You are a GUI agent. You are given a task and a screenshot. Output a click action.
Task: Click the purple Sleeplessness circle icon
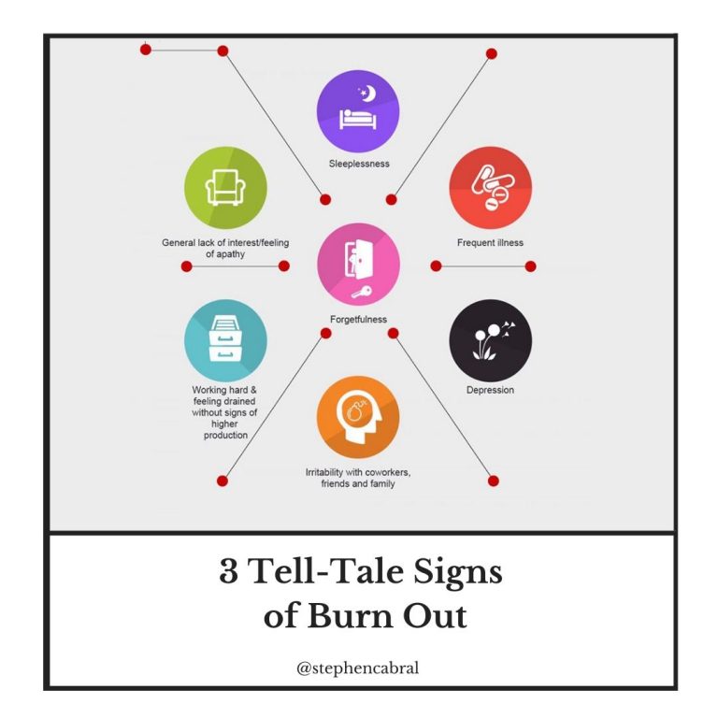tap(358, 111)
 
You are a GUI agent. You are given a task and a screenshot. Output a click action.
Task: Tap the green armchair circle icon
tap(225, 188)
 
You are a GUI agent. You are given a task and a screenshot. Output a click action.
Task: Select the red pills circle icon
tap(491, 188)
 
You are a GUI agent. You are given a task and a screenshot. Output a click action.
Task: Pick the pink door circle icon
tap(358, 265)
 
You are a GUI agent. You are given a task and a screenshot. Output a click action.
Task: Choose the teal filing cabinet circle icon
tap(225, 340)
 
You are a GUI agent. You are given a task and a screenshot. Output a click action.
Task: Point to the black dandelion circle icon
tap(491, 340)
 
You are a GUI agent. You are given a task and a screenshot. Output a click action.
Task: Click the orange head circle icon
tap(358, 417)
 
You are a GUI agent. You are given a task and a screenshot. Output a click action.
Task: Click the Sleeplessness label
tap(359, 164)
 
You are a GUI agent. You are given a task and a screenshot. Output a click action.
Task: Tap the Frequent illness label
tap(490, 243)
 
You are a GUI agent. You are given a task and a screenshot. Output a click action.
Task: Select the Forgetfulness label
tap(359, 319)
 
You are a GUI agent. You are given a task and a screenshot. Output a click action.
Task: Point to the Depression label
tap(490, 390)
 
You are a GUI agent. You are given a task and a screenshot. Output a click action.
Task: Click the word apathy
tap(231, 254)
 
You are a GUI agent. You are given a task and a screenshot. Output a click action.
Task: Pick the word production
tap(225, 435)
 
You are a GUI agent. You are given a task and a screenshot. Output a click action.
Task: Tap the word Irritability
tap(324, 472)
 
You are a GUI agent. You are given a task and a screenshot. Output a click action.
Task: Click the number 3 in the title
tap(228, 571)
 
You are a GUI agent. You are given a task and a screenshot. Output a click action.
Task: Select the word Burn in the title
tap(350, 615)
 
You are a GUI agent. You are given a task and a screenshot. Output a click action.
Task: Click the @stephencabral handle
tap(358, 668)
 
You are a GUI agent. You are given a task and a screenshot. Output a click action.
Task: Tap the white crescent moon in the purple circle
tap(370, 93)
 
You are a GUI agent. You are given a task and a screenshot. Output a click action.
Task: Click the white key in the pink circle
tap(362, 292)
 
